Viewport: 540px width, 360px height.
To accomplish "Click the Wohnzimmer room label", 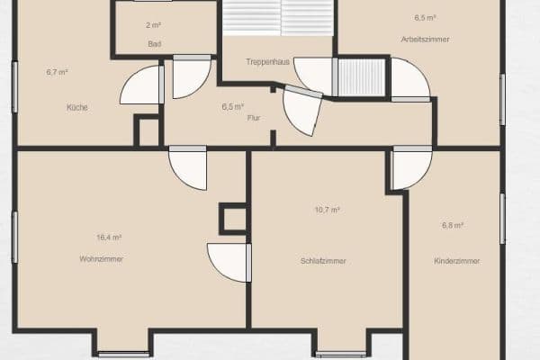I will (x=101, y=259).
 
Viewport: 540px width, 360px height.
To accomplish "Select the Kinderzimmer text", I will (x=456, y=261).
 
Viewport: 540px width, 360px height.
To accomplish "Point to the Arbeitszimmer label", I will (x=426, y=40).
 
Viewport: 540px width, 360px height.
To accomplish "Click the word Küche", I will (x=76, y=107).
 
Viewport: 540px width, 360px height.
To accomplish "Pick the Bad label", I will (x=154, y=42).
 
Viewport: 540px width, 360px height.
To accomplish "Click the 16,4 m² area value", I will (x=108, y=238).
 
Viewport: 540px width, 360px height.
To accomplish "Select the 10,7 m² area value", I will (x=327, y=210).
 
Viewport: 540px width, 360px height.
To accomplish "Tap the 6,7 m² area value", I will (x=58, y=72).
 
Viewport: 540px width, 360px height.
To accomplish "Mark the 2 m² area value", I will (x=153, y=25).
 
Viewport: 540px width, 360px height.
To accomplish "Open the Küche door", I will (x=142, y=86).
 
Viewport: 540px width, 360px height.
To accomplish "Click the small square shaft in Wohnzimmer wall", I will (x=233, y=218).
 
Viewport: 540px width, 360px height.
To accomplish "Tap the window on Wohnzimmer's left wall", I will (x=14, y=236).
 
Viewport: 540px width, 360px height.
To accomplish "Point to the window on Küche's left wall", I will (x=14, y=86).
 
